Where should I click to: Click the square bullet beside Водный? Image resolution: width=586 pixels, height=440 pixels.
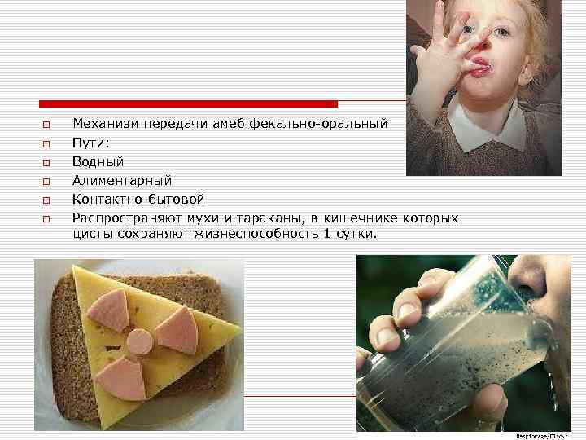tap(46, 163)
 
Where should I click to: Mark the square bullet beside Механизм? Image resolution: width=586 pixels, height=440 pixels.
tap(46, 125)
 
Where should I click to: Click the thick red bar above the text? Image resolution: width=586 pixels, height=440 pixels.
tap(188, 104)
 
